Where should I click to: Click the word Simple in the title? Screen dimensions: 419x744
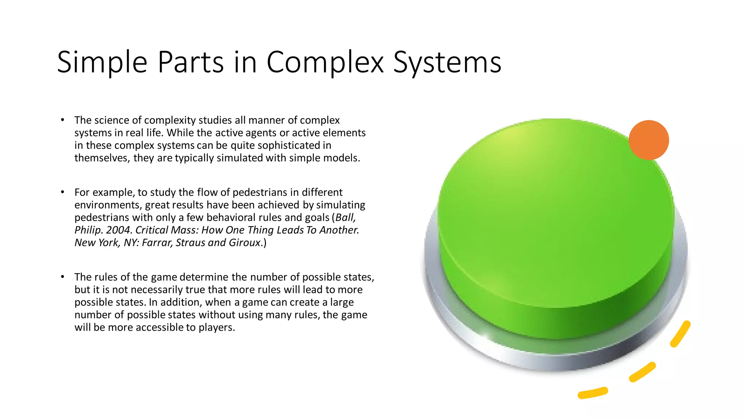coord(102,63)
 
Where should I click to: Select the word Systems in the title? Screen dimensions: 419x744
coord(447,63)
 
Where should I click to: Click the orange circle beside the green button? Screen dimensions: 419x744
coord(649,140)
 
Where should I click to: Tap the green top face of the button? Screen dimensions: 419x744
coord(556,204)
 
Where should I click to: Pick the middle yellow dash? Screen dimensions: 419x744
coord(642,372)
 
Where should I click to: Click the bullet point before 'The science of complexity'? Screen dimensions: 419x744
coord(62,120)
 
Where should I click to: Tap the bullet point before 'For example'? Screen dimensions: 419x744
coord(62,192)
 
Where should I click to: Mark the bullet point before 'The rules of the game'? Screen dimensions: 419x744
coord(62,277)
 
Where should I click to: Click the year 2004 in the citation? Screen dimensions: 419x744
coord(118,230)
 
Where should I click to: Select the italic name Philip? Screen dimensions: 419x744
coord(88,230)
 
